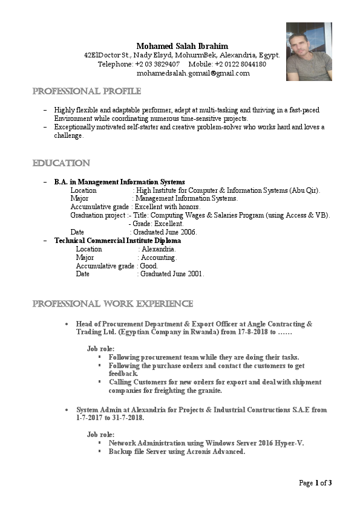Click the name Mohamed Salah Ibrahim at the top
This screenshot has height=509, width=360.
pos(182,46)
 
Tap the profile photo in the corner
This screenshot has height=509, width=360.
pos(309,51)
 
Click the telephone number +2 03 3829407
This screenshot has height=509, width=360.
pos(157,64)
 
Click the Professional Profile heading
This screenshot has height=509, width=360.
pos(87,91)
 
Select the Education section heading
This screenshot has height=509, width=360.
pos(61,163)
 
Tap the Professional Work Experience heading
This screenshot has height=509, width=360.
pos(113,303)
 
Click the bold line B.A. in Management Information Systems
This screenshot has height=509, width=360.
pos(119,182)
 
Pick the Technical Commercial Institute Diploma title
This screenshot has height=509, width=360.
pos(117,241)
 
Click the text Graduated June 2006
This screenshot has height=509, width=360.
pos(165,232)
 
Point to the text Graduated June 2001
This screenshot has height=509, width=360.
pos(172,274)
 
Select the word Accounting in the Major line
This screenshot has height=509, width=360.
pos(159,258)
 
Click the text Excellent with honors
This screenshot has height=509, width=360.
pos(168,207)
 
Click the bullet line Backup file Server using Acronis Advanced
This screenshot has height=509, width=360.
pos(177,452)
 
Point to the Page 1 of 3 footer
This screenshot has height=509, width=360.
pos(315,483)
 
